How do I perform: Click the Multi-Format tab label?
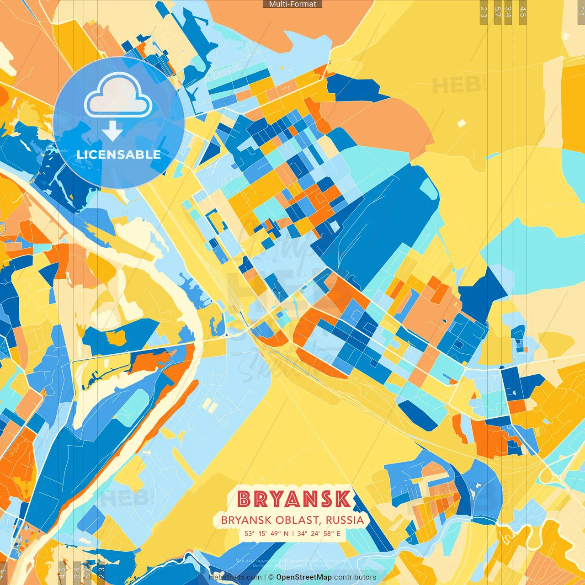coord(292,4)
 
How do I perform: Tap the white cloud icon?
coord(118,95)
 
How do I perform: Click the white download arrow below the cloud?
coord(112,130)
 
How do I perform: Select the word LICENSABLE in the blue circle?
coord(119,154)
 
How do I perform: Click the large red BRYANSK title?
coord(294,499)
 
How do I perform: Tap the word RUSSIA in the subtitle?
coord(345,520)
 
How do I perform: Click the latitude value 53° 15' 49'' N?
coord(266,533)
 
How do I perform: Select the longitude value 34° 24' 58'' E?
coord(319,533)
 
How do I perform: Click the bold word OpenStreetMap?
coord(304,577)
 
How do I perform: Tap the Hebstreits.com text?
coord(235,577)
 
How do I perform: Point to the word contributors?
coord(355,577)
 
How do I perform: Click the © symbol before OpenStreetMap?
coord(271,577)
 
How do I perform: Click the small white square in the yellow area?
coord(462,123)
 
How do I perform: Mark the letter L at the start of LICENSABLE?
coord(80,154)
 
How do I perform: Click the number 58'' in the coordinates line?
coord(329,533)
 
